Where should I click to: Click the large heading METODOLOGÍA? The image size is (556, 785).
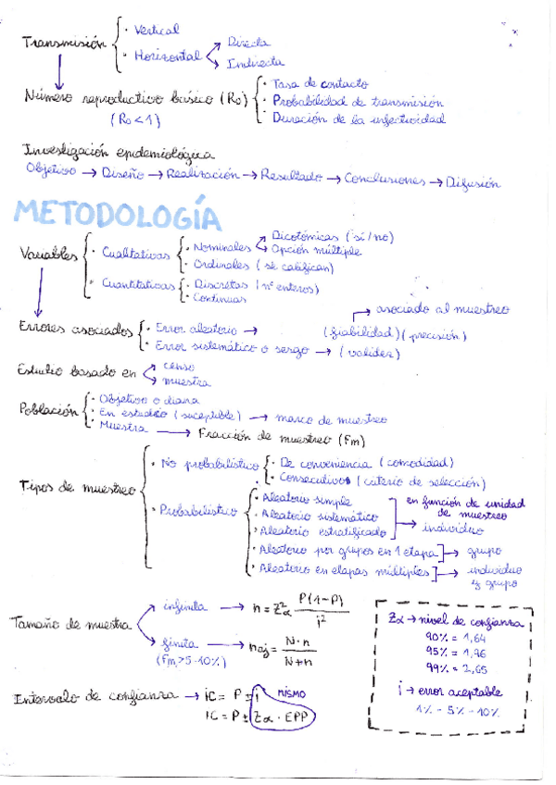[x=119, y=214]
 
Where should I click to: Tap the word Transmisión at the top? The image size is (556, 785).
[x=63, y=44]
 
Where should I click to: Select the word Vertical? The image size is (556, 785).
[x=156, y=31]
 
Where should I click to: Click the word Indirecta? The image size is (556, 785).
[x=254, y=62]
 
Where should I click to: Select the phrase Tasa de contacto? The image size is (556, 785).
[x=321, y=83]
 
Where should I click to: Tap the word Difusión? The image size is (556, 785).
[x=474, y=182]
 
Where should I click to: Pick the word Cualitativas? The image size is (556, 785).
[x=137, y=252]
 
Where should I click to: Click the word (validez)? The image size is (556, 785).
[x=370, y=353]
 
